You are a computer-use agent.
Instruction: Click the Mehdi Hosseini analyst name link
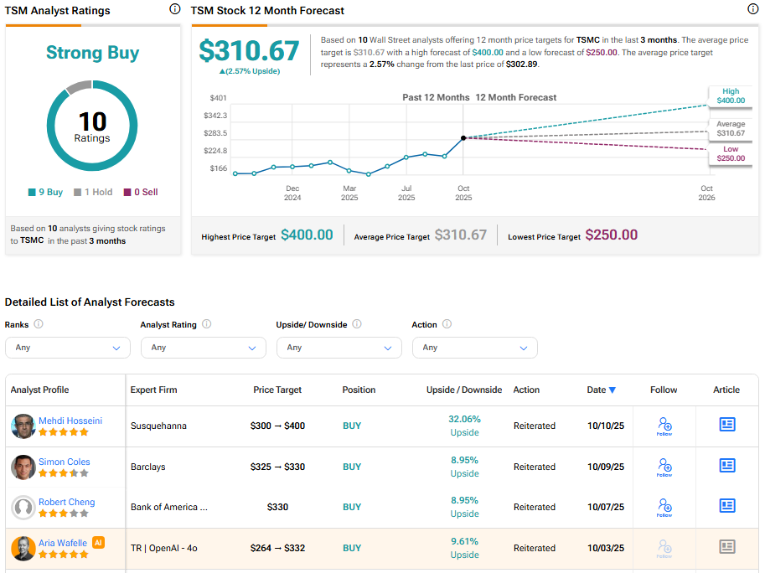70,421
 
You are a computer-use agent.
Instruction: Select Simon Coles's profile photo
23,467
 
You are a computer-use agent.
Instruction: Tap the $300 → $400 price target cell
277,426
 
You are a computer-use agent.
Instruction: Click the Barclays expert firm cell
147,467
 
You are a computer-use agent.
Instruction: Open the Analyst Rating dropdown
204,348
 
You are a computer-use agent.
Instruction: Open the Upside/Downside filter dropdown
339,348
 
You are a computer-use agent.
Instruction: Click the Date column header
601,390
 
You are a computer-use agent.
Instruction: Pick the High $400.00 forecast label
730,96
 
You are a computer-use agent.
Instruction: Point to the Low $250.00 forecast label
730,154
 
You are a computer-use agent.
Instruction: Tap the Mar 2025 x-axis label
349,194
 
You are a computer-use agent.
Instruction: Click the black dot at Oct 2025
463,137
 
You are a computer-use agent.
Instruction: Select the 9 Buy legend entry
46,192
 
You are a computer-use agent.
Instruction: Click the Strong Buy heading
92,53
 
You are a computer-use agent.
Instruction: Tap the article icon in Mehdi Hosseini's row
727,425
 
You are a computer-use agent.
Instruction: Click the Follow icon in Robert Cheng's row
664,507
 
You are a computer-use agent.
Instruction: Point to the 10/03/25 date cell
606,548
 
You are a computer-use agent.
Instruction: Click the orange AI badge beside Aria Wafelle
99,542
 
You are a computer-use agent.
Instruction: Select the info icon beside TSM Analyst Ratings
174,9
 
